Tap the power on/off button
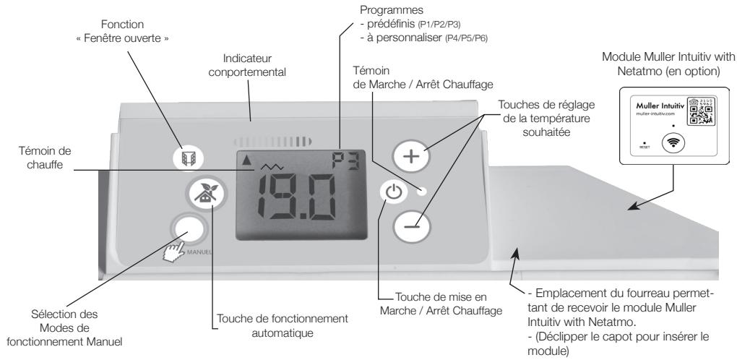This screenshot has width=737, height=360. click(390, 194)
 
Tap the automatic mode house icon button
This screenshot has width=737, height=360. click(197, 197)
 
